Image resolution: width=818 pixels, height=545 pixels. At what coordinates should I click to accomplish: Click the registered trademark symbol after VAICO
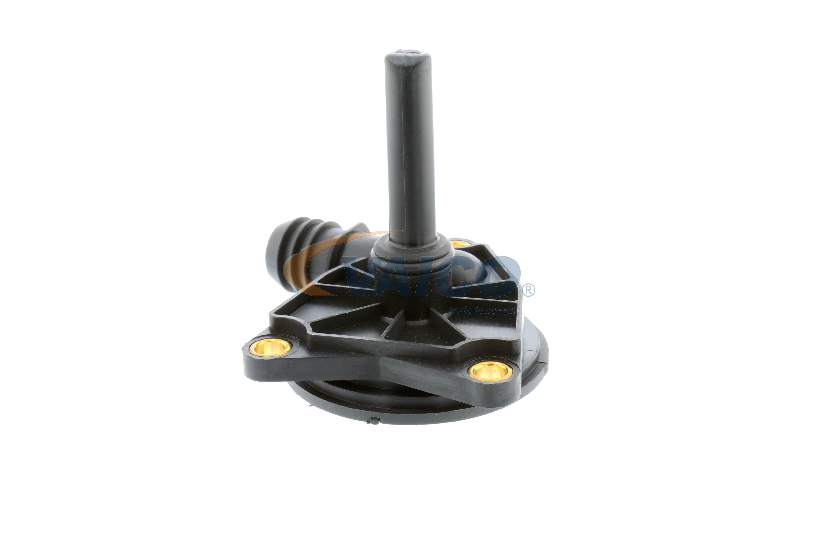pos(528,290)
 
